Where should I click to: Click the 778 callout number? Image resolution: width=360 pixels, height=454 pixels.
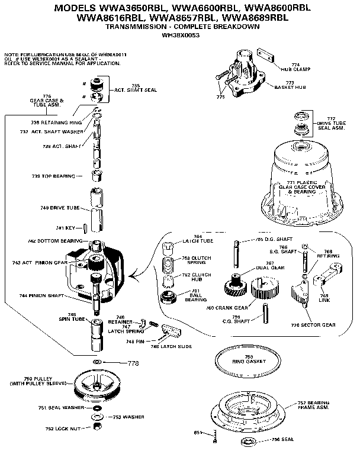click(x=133, y=362)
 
